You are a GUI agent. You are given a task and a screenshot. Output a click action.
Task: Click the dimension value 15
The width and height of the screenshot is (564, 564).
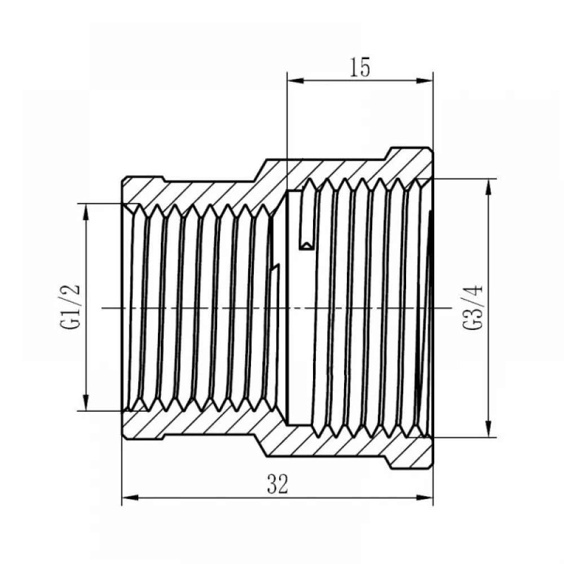click(x=360, y=67)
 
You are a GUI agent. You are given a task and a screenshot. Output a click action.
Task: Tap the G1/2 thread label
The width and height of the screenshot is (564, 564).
click(x=70, y=307)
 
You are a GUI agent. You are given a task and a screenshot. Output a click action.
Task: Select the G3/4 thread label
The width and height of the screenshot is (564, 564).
click(x=472, y=307)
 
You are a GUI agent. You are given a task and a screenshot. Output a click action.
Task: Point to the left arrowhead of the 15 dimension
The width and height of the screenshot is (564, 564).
click(x=296, y=81)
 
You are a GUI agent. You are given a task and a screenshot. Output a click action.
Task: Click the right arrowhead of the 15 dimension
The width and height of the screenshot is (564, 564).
click(x=425, y=81)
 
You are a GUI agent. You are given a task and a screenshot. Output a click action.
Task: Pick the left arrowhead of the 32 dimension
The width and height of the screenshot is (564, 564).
click(x=130, y=498)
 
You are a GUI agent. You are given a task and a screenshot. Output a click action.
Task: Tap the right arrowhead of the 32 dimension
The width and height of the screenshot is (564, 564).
click(x=425, y=498)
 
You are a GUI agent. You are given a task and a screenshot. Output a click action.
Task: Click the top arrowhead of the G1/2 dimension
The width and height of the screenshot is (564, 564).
click(x=86, y=212)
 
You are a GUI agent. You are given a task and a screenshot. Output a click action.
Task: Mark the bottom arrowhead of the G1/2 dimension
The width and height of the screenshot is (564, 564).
click(x=86, y=402)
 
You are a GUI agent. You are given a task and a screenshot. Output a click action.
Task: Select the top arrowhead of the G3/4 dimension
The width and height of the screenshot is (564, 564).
click(x=488, y=187)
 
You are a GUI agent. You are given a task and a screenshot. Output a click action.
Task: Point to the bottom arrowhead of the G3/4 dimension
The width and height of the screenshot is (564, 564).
click(x=488, y=429)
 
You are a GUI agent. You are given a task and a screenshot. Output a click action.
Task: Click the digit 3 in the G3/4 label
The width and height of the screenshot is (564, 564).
click(x=472, y=312)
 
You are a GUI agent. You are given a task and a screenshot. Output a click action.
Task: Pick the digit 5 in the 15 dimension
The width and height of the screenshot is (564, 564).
click(x=365, y=67)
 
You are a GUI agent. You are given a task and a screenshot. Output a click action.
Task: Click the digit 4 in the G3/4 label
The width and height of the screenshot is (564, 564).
click(x=472, y=290)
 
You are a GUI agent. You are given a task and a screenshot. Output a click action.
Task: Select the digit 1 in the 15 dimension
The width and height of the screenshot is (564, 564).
click(x=354, y=67)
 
